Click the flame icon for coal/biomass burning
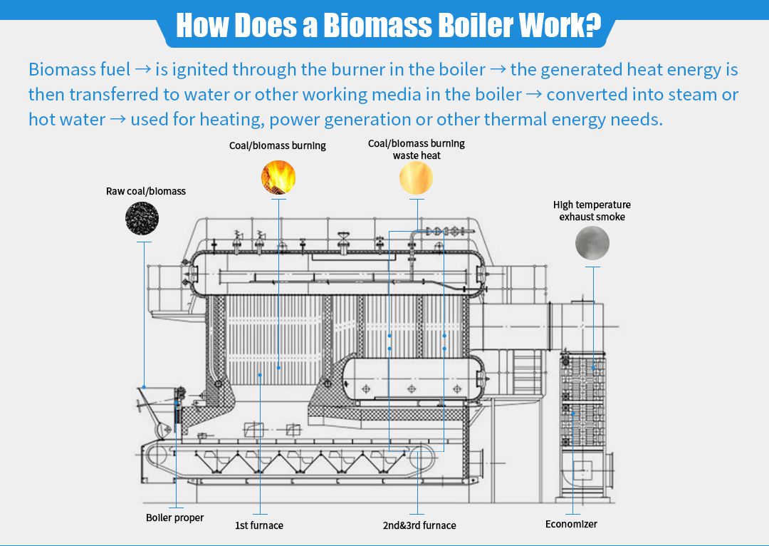(x=278, y=177)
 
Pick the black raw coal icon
(x=142, y=217)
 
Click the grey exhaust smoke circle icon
(x=592, y=243)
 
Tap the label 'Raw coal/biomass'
(x=146, y=191)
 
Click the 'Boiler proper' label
(x=174, y=517)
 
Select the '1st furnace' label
(x=259, y=525)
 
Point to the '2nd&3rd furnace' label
(x=419, y=525)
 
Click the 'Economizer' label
(x=571, y=524)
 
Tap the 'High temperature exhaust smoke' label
(x=592, y=210)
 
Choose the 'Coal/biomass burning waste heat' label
(x=417, y=149)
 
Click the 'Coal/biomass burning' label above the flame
(x=278, y=145)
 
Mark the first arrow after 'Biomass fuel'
(x=142, y=70)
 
